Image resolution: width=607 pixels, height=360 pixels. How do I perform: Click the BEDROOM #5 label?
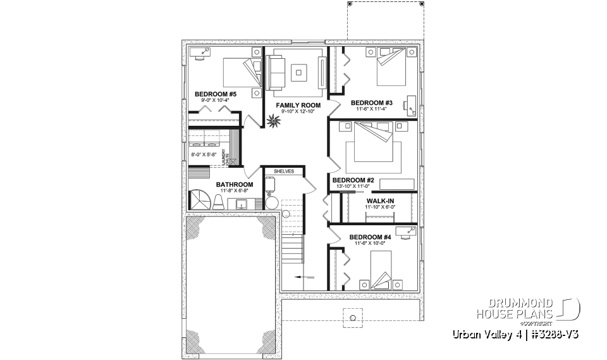point(206,94)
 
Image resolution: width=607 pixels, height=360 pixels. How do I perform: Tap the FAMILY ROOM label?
point(298,105)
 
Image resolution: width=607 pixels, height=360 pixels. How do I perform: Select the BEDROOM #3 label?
point(372,102)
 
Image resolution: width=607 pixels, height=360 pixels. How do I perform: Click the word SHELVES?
point(284,171)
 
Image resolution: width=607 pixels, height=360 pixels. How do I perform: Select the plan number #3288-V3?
point(556,333)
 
